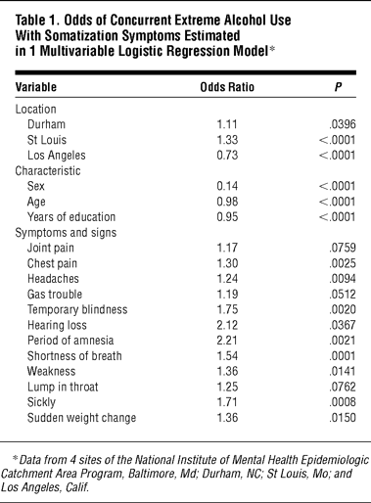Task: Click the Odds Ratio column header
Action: click(x=227, y=87)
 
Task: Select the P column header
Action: click(x=339, y=87)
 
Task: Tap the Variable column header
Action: click(x=36, y=87)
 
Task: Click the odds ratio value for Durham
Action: click(x=227, y=124)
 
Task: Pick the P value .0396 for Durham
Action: click(x=343, y=124)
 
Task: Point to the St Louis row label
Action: click(x=47, y=140)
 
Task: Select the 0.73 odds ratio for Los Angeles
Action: click(x=227, y=156)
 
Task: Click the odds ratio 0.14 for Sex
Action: click(x=227, y=186)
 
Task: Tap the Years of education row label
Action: click(x=71, y=217)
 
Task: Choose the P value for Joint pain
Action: click(x=343, y=248)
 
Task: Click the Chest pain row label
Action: click(x=52, y=263)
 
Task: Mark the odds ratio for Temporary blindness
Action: click(x=227, y=309)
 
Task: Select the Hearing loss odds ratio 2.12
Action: click(x=227, y=325)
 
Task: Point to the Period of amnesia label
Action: click(x=70, y=341)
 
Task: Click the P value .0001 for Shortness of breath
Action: click(x=343, y=356)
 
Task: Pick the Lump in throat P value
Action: click(x=343, y=387)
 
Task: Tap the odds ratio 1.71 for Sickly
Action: click(x=227, y=402)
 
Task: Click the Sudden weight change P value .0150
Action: click(x=343, y=418)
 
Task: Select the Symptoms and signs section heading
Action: click(x=66, y=233)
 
